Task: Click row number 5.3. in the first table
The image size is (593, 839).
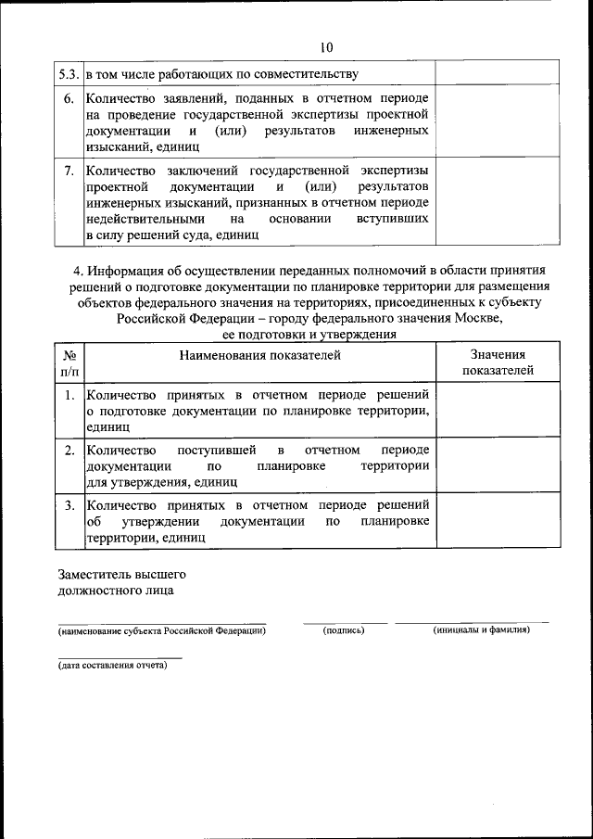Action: coord(69,72)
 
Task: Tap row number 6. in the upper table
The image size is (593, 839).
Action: coord(69,98)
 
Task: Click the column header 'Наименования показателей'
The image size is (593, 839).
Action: coord(260,354)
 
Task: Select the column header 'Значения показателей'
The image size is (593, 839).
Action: coord(497,362)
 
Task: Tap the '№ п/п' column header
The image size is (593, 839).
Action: coord(69,362)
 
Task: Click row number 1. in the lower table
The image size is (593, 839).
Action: coord(69,395)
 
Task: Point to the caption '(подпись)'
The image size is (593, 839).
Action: coord(344,630)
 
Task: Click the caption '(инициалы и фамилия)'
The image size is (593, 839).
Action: coord(481,630)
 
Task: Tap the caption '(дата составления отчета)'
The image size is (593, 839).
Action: coord(112,665)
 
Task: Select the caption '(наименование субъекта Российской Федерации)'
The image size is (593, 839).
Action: coord(162,630)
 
